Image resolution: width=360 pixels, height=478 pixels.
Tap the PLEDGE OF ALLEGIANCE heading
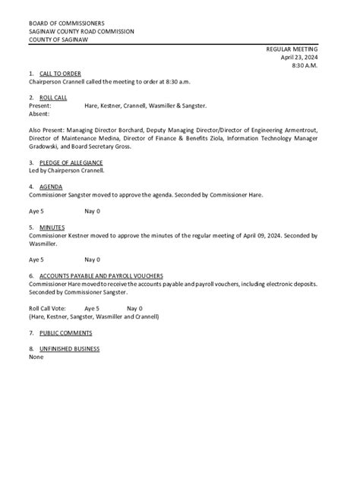coord(71,162)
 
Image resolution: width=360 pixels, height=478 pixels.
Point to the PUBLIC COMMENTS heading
coord(66,332)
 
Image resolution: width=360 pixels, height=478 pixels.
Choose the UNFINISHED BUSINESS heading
coord(70,349)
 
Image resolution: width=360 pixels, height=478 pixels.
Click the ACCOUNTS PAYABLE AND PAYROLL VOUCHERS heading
coord(101,275)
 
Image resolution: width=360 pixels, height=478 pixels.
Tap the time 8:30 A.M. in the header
coord(305,65)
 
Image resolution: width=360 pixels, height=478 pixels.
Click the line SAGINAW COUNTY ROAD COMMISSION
coord(81,32)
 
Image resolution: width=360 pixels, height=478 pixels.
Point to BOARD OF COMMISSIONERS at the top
coord(68,24)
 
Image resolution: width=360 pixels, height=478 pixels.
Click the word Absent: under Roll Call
coord(39,114)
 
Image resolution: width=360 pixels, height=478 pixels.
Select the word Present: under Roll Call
coord(40,106)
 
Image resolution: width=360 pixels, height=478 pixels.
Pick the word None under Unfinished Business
coord(36,357)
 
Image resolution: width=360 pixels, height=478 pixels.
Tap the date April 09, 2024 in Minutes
coord(261,235)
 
